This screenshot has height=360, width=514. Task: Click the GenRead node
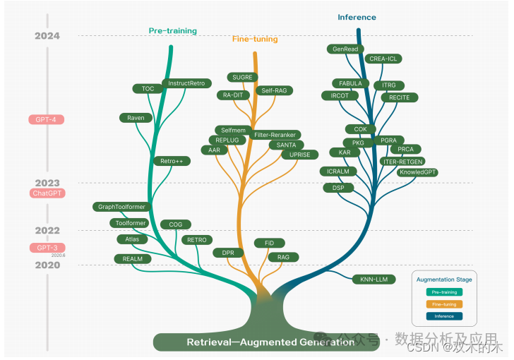click(x=345, y=49)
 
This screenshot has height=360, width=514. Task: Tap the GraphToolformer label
click(x=121, y=207)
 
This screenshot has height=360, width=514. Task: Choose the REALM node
click(x=133, y=259)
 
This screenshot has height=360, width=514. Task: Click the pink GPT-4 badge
click(x=46, y=119)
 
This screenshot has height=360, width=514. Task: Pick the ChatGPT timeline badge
click(x=48, y=193)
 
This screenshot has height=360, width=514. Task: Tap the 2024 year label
click(x=47, y=36)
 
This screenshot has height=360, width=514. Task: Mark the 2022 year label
click(x=47, y=230)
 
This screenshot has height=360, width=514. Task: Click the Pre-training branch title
click(x=172, y=31)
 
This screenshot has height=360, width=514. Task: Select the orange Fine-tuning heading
click(x=255, y=40)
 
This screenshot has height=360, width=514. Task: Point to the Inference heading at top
click(x=357, y=17)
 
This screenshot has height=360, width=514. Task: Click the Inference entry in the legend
click(x=444, y=316)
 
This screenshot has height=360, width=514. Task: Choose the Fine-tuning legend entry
click(x=444, y=304)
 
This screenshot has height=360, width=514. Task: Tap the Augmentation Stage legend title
click(x=444, y=280)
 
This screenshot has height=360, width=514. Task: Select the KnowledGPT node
click(x=418, y=172)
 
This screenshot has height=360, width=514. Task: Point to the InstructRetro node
click(x=186, y=83)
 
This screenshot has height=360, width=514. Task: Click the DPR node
click(x=228, y=252)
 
